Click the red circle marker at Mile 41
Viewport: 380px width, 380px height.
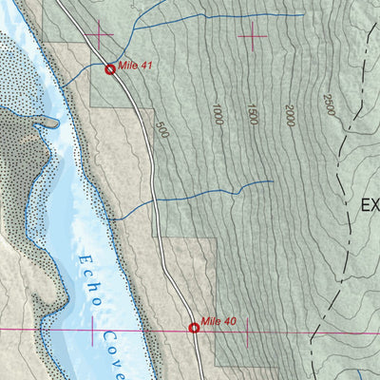tap(110, 69)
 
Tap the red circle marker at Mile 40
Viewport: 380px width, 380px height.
tap(194, 328)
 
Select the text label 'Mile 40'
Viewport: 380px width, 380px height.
tap(218, 322)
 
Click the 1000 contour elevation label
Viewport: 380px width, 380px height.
tap(218, 114)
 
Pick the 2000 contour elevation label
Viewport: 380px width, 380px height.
tap(289, 117)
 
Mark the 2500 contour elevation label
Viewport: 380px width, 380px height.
tap(329, 104)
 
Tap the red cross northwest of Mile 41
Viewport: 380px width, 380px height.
tap(98, 35)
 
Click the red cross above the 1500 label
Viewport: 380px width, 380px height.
tap(254, 35)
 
